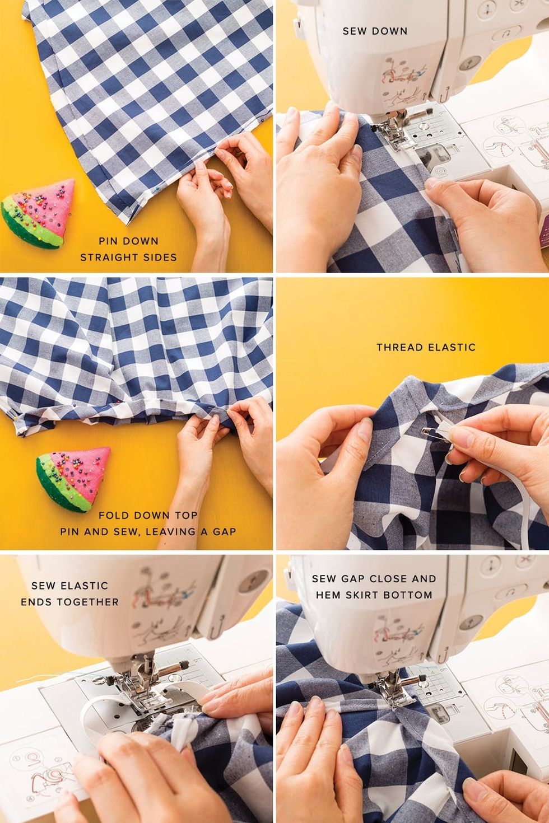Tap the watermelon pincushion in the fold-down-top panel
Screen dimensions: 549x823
pos(73,478)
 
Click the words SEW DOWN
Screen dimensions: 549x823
pos(375,31)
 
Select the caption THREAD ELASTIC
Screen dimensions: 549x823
pos(426,347)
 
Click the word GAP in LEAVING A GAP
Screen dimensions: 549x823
pos(224,531)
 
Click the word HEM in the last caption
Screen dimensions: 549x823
pos(326,595)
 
